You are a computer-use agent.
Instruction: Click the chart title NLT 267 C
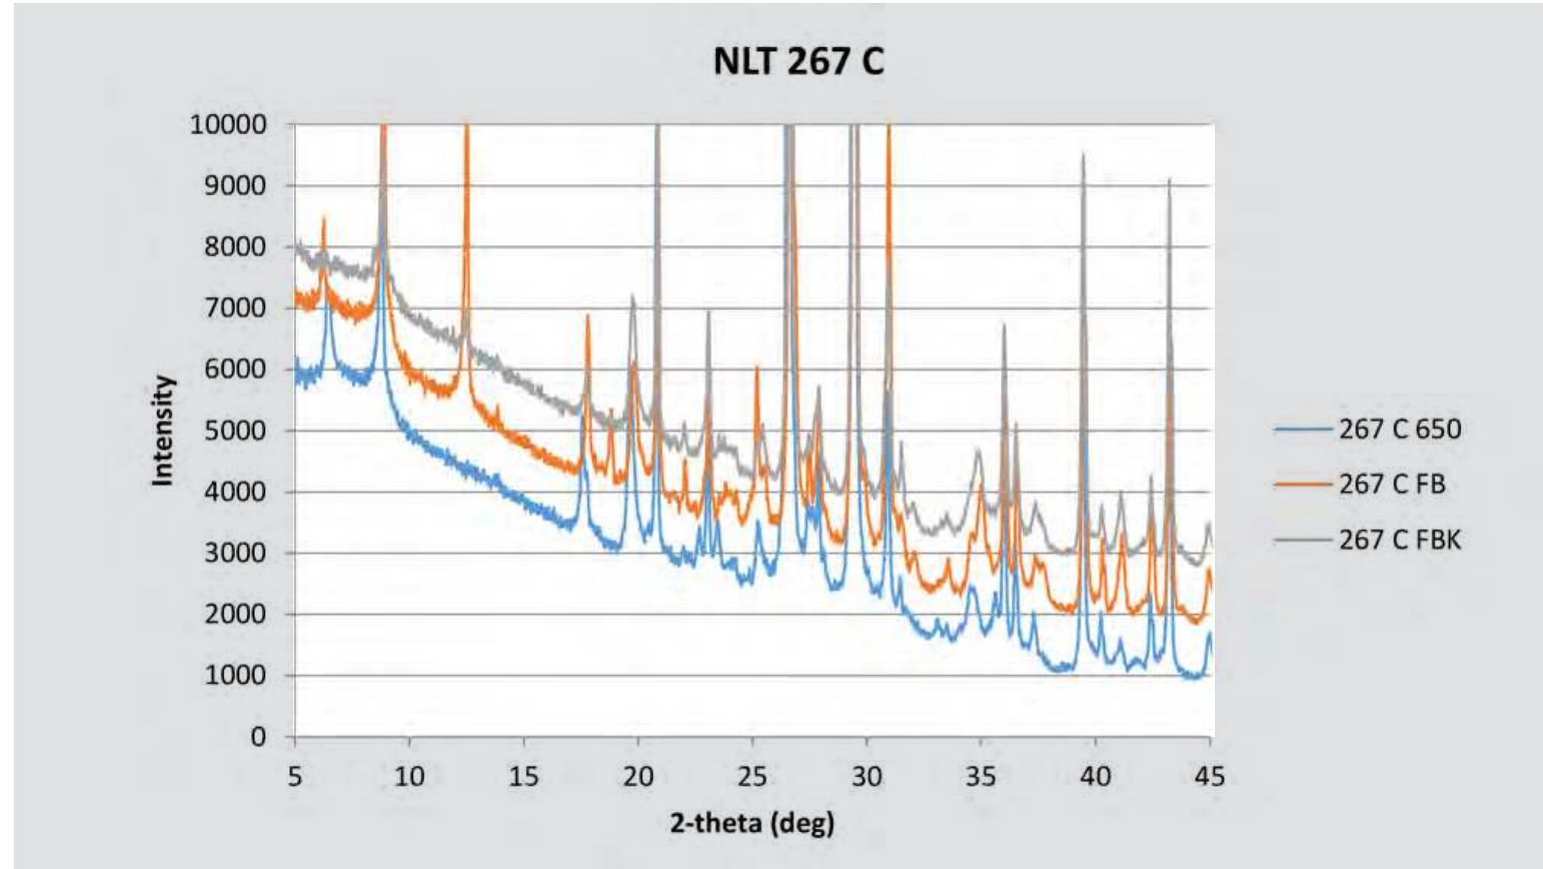[x=798, y=61]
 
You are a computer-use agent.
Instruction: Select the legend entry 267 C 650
[x=1400, y=429]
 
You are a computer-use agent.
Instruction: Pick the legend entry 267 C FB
[x=1392, y=484]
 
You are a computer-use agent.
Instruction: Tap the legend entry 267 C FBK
[x=1400, y=539]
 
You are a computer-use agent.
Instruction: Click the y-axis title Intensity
[x=163, y=430]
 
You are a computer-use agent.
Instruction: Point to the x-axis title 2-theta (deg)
[x=752, y=823]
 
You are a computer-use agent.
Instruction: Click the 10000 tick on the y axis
[x=227, y=124]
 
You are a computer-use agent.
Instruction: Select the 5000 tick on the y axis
[x=234, y=430]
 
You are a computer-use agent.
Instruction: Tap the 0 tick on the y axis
[x=258, y=737]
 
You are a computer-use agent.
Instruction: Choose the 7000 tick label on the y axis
[x=234, y=308]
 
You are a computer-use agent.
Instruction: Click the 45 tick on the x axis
[x=1209, y=777]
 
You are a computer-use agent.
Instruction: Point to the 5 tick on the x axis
[x=295, y=777]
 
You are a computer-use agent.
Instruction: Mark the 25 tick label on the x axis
[x=752, y=777]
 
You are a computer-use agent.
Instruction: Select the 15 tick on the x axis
[x=523, y=777]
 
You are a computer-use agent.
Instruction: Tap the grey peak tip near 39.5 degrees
[x=1083, y=155]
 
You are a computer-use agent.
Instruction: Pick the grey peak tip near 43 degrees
[x=1168, y=180]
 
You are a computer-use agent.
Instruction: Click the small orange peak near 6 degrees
[x=324, y=220]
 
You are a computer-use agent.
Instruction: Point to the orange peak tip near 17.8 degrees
[x=588, y=315]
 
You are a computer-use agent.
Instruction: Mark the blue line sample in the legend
[x=1303, y=430]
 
